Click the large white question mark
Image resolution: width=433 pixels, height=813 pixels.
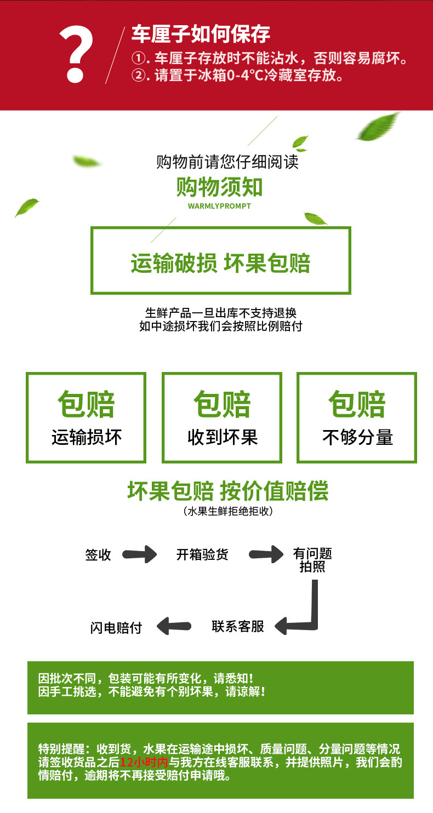pyautogui.click(x=76, y=54)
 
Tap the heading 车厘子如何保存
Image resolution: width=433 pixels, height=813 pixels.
pyautogui.click(x=201, y=34)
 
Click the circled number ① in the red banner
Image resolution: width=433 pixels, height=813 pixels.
pyautogui.click(x=139, y=58)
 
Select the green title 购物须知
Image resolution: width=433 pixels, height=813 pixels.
pyautogui.click(x=219, y=187)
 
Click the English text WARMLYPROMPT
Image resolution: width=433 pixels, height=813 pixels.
pyautogui.click(x=219, y=206)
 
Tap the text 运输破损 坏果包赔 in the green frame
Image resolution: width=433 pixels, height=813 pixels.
pyautogui.click(x=220, y=263)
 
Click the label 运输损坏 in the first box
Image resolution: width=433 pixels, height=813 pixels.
pyautogui.click(x=87, y=437)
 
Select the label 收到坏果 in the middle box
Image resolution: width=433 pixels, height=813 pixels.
pyautogui.click(x=223, y=437)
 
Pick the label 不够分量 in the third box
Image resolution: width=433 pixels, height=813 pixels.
pyautogui.click(x=357, y=437)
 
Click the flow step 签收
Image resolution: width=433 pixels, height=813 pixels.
pyautogui.click(x=98, y=554)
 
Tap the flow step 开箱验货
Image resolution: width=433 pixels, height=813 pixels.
pyautogui.click(x=202, y=554)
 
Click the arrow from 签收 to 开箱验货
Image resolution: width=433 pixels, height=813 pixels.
pyautogui.click(x=139, y=554)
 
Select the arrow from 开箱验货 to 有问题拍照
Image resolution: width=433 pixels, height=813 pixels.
pyautogui.click(x=266, y=554)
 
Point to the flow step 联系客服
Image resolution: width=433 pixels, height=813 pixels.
pyautogui.click(x=238, y=626)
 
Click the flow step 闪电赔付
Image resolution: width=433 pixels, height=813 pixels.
pyautogui.click(x=116, y=627)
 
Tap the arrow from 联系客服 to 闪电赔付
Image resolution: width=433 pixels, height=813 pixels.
pyautogui.click(x=174, y=626)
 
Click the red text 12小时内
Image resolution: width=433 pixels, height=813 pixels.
pyautogui.click(x=144, y=762)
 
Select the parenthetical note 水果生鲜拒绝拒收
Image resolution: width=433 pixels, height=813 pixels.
pyautogui.click(x=228, y=511)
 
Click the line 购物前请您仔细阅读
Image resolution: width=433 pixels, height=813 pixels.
pyautogui.click(x=227, y=162)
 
